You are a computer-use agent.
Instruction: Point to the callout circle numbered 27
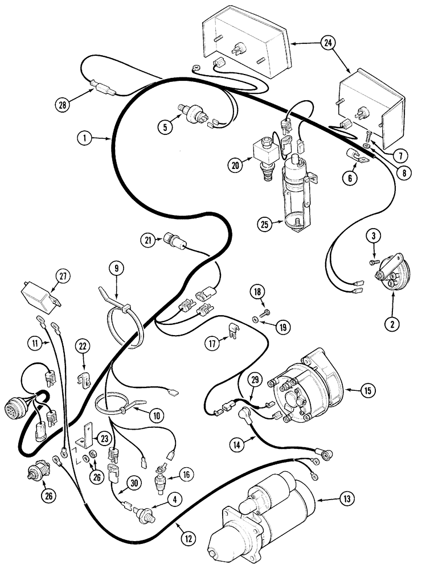[x=62, y=276]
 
